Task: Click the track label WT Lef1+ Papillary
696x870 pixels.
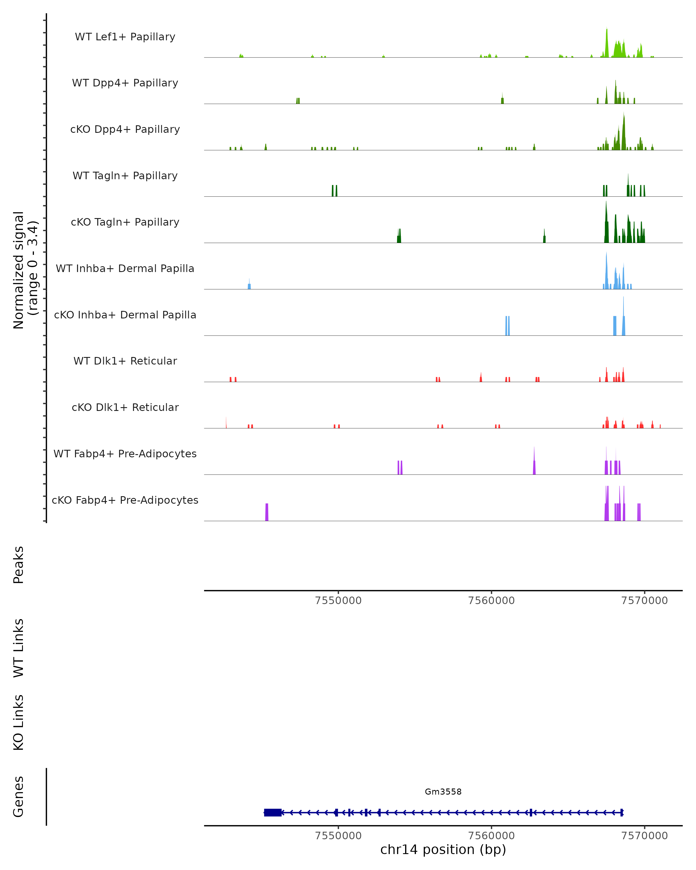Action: pos(125,37)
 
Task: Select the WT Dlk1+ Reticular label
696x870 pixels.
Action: pos(125,361)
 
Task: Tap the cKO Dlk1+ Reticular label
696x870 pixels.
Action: pos(125,407)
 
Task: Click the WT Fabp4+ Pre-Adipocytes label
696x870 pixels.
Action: pos(125,454)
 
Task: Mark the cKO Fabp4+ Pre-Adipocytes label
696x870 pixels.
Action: pos(125,500)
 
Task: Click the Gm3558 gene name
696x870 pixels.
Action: pos(443,792)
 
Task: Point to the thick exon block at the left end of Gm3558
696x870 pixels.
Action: pos(273,813)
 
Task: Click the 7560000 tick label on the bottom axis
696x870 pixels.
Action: pos(492,836)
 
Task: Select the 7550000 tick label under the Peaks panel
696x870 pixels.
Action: pos(338,601)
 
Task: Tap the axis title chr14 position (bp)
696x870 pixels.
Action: pos(443,850)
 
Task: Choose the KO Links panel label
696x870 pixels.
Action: pos(19,722)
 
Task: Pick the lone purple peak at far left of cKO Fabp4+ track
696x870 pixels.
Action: pos(267,512)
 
